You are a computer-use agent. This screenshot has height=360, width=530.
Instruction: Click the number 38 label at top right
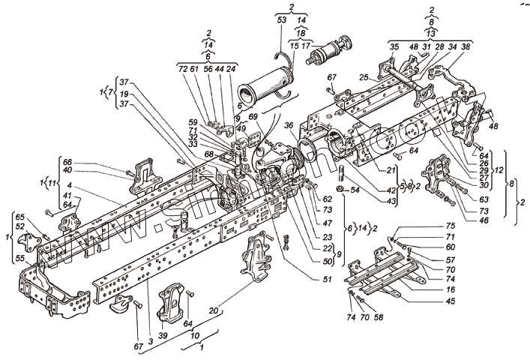466,47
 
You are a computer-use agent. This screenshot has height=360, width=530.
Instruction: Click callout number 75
451,226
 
